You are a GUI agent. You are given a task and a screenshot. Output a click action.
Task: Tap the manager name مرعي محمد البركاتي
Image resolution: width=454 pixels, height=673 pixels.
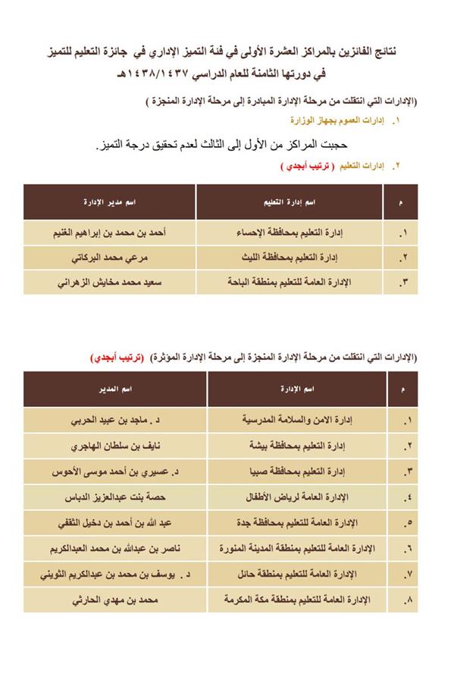pos(110,257)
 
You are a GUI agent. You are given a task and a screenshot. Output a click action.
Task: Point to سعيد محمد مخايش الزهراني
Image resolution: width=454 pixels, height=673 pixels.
pos(110,282)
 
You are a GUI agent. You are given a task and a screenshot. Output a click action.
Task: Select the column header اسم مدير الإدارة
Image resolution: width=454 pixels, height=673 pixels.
pos(110,203)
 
